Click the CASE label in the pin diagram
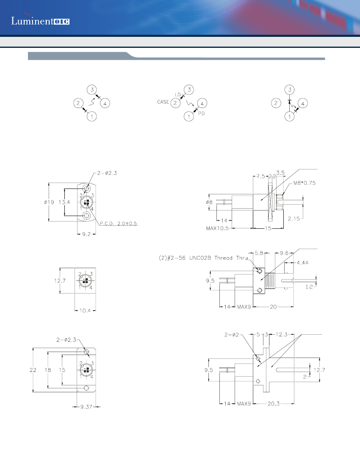point(163,102)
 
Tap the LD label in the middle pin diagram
point(178,94)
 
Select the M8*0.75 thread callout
point(304,183)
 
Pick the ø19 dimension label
point(40,202)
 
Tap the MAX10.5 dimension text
point(217,228)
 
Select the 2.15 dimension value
point(294,219)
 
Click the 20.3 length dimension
point(273,404)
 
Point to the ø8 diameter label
point(210,202)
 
